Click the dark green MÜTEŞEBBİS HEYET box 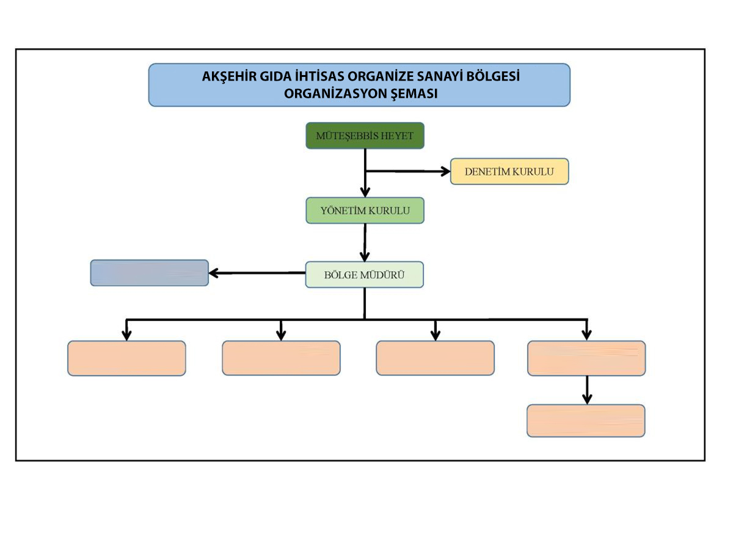pyautogui.click(x=365, y=136)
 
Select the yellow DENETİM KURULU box pyautogui.click(x=509, y=172)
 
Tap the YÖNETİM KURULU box pyautogui.click(x=365, y=211)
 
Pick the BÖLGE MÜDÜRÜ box pyautogui.click(x=364, y=275)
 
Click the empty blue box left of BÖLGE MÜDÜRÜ pyautogui.click(x=149, y=273)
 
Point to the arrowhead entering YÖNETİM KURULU pyautogui.click(x=365, y=191)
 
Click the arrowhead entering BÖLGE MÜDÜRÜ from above pyautogui.click(x=365, y=256)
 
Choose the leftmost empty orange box pyautogui.click(x=126, y=358)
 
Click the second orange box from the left pyautogui.click(x=281, y=358)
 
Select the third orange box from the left pyautogui.click(x=435, y=358)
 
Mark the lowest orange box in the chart pyautogui.click(x=586, y=421)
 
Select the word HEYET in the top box pyautogui.click(x=396, y=136)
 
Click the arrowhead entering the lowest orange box pyautogui.click(x=586, y=398)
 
